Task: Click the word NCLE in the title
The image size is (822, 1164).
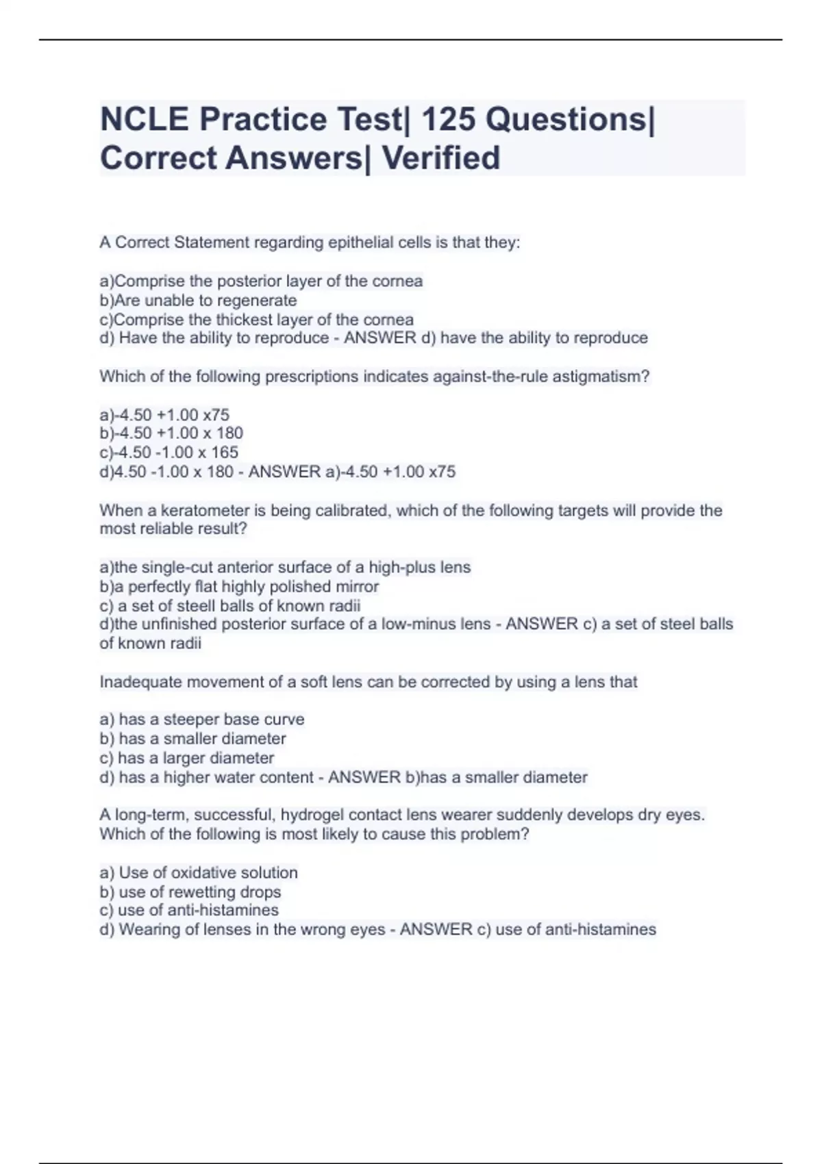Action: [144, 120]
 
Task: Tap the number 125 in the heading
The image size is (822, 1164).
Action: [447, 120]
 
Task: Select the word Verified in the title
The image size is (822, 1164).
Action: [440, 158]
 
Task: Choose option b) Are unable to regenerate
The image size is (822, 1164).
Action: [198, 301]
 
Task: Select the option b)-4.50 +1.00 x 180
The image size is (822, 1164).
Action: [171, 433]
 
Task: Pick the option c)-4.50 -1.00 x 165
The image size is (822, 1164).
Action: [169, 453]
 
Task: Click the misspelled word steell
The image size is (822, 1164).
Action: [197, 606]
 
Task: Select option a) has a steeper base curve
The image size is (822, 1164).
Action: [202, 720]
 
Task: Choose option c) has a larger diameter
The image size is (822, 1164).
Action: [187, 758]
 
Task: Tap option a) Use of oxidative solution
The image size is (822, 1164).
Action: [199, 873]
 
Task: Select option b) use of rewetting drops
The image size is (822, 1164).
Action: [190, 892]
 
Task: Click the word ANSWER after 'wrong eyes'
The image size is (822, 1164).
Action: [436, 930]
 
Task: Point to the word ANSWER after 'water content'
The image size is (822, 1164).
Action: [364, 778]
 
